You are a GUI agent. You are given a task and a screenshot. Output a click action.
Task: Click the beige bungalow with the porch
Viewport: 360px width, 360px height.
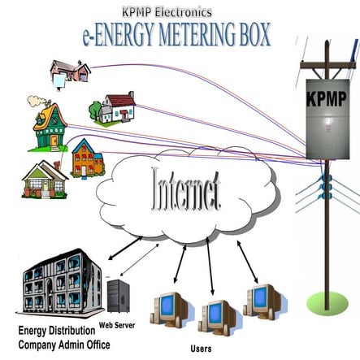pos(46,180)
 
